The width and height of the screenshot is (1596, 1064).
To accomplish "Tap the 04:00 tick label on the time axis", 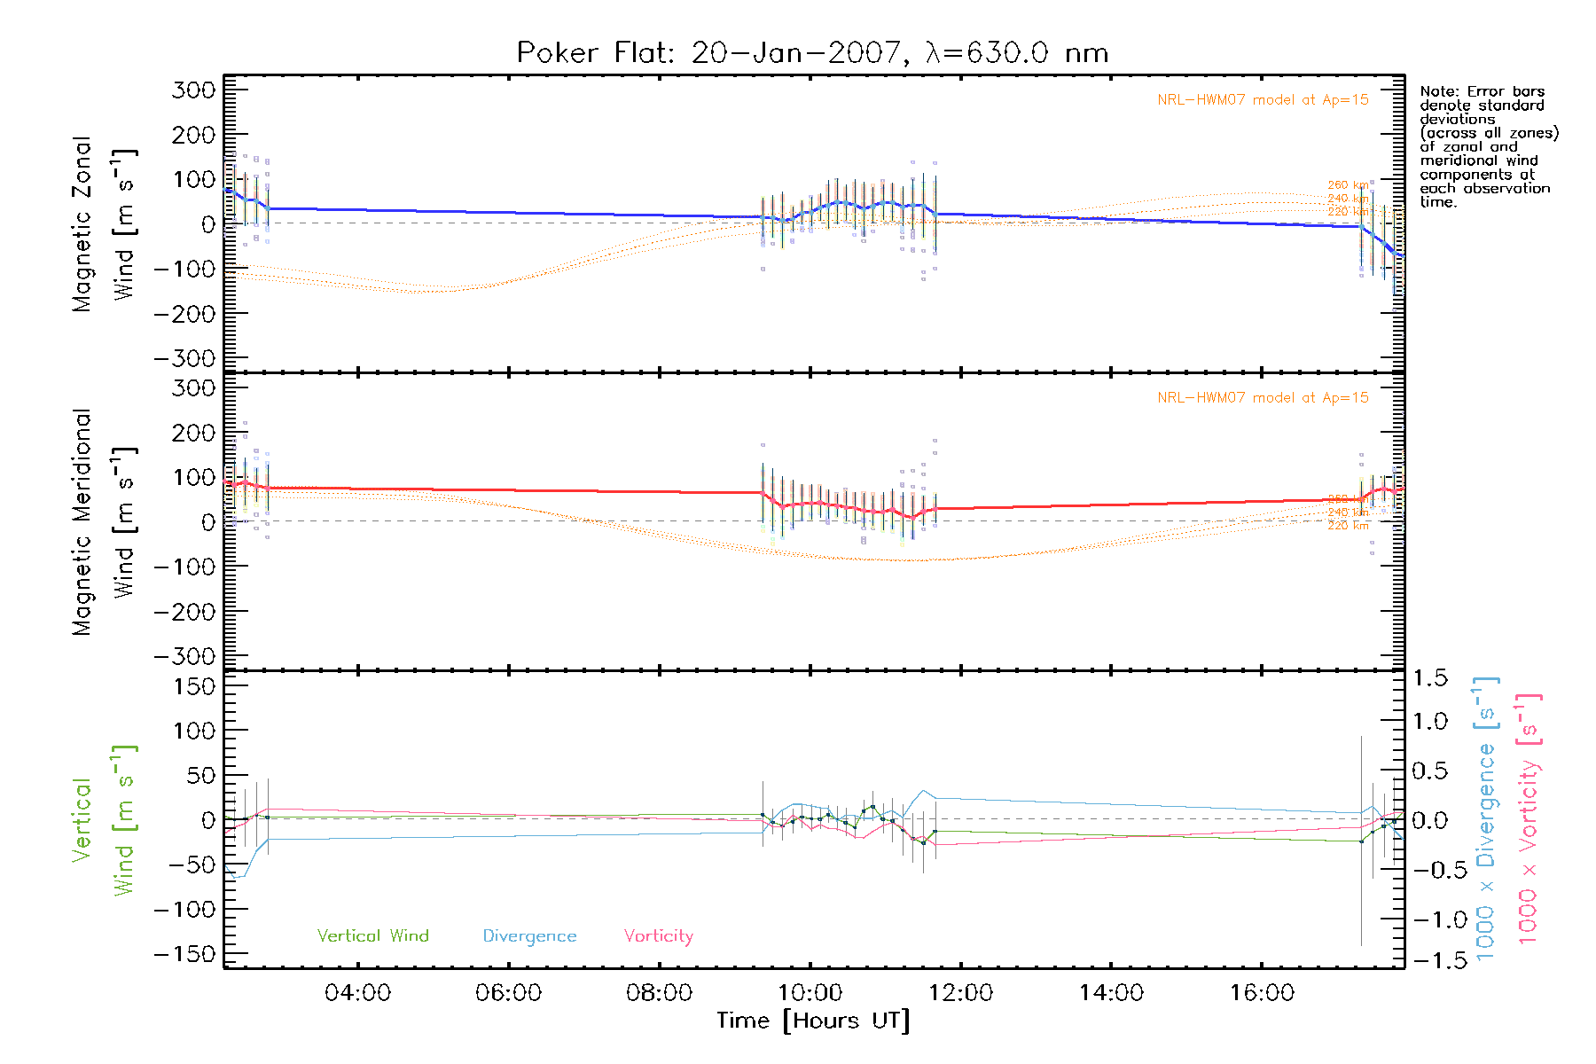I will point(357,993).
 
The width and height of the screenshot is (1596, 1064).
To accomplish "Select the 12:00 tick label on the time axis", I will point(960,993).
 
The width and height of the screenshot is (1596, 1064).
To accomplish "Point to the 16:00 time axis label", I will point(1262,993).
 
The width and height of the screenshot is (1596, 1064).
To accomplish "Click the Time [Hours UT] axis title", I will point(813,1021).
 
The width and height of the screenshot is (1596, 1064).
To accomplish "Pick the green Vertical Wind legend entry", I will point(372,935).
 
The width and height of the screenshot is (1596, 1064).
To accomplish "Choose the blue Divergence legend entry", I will point(529,936).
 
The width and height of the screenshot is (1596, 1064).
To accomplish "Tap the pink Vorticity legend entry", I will point(658,935).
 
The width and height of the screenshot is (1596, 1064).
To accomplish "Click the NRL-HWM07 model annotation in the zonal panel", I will point(1263,100).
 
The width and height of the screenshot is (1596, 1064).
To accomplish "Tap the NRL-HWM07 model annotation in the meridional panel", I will point(1263,398).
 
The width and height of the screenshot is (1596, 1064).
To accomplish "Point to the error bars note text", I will point(1488,146).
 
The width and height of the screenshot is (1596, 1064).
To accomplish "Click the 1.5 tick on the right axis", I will point(1429,678).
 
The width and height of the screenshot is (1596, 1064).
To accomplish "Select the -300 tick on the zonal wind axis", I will point(184,358).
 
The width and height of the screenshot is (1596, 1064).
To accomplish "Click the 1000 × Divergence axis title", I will point(1485,818).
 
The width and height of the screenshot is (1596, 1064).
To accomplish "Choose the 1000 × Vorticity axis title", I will point(1528,818).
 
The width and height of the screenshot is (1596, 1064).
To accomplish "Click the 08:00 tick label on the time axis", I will point(659,993).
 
